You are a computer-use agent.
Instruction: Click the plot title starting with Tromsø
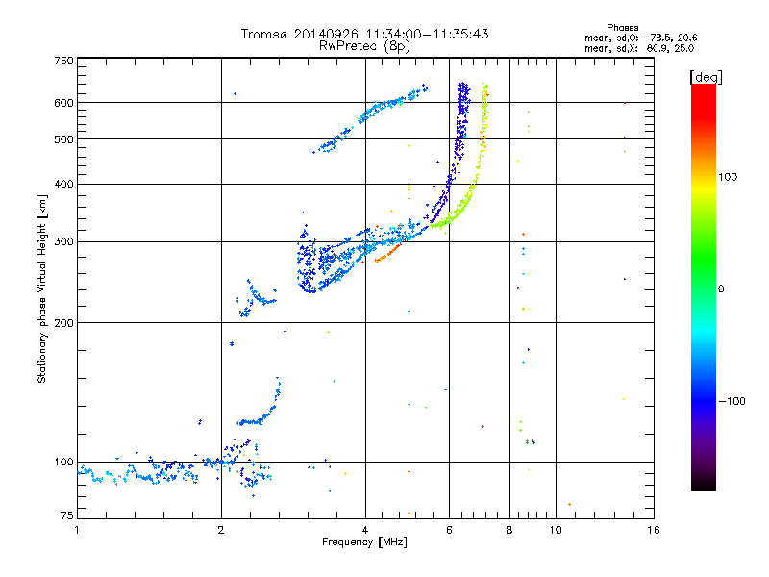tap(365, 34)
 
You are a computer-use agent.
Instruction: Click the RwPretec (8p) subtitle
tap(365, 45)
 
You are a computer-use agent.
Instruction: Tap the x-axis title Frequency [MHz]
tap(365, 542)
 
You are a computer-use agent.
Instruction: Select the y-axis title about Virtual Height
tap(42, 289)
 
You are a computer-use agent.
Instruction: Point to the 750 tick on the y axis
tap(63, 61)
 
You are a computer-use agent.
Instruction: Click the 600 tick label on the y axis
tap(63, 102)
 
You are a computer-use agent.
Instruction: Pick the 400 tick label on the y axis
tap(63, 184)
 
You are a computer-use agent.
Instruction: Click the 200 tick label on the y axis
tap(63, 322)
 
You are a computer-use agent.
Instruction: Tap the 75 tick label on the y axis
tap(66, 517)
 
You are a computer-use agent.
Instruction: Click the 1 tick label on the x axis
tap(77, 530)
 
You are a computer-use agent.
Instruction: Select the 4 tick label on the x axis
tap(365, 530)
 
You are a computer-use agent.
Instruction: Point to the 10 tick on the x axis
tap(555, 530)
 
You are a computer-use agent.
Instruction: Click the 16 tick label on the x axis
tap(653, 530)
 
